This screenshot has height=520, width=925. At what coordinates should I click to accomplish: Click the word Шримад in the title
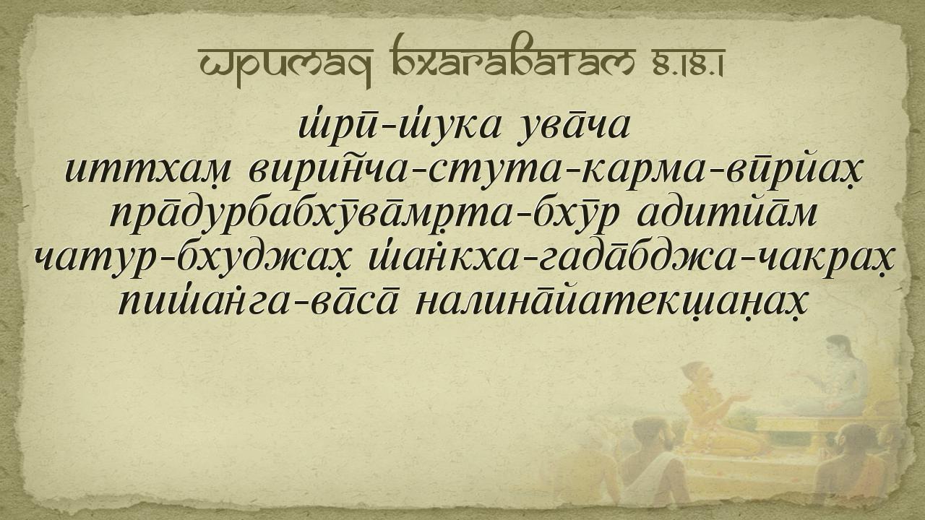(285, 66)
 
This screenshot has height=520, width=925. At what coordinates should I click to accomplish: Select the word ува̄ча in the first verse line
(574, 128)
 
